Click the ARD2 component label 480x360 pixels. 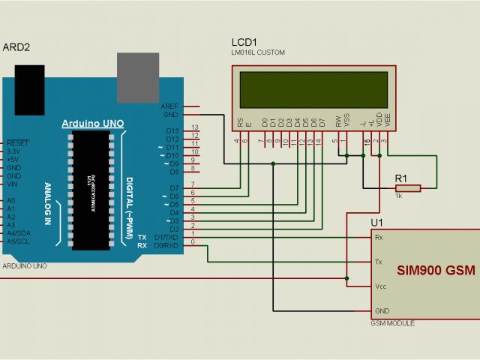click(16, 46)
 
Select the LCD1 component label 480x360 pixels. click(244, 42)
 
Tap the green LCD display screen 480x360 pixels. click(313, 90)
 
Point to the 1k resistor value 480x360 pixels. click(399, 196)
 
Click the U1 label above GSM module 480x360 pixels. click(376, 223)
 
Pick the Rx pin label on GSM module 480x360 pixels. click(379, 237)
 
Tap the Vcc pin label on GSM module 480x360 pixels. click(380, 286)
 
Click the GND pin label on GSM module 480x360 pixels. click(382, 310)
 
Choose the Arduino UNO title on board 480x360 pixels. click(92, 124)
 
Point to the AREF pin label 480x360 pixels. click(169, 106)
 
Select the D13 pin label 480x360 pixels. click(172, 130)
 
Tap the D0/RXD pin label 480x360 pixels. click(166, 245)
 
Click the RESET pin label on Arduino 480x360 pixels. click(17, 142)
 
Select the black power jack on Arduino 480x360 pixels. click(31, 88)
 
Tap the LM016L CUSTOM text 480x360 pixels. click(258, 52)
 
